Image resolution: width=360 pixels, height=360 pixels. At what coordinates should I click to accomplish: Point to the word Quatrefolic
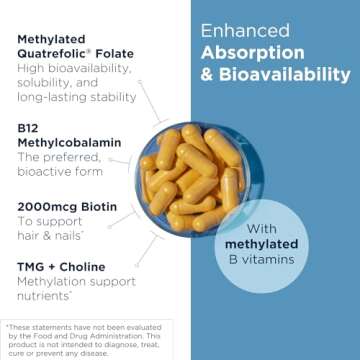tap(57, 54)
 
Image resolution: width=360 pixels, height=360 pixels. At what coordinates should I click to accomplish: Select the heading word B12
tap(29, 128)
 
